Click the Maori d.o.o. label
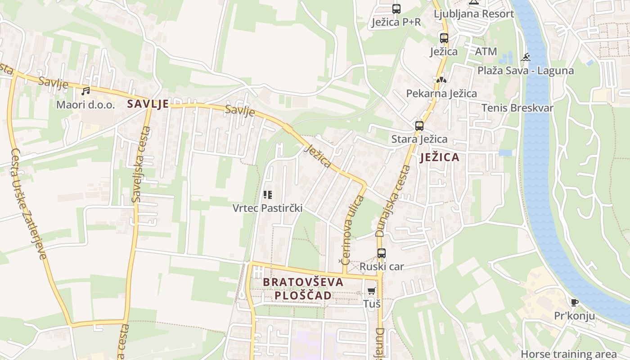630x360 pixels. coord(85,105)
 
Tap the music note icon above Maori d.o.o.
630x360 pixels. coord(85,91)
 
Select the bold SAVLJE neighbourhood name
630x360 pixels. coord(148,104)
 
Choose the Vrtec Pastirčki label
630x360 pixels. coord(267,208)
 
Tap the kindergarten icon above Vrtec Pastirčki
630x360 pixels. coord(268,195)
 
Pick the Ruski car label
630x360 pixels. coord(382,266)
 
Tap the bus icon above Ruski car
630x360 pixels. coord(382,253)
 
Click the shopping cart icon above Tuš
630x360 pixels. coord(372,291)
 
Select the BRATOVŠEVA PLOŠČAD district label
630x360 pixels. coord(303,288)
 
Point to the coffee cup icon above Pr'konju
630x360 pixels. coord(574,302)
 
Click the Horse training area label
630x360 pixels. coord(569,354)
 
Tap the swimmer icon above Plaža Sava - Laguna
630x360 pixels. coord(526,58)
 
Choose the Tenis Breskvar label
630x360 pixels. coord(517,108)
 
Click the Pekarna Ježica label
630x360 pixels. coord(441,94)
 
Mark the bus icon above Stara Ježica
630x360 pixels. coord(419,126)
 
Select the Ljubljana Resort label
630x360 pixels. coord(474,13)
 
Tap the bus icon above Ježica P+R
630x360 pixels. coord(396,9)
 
